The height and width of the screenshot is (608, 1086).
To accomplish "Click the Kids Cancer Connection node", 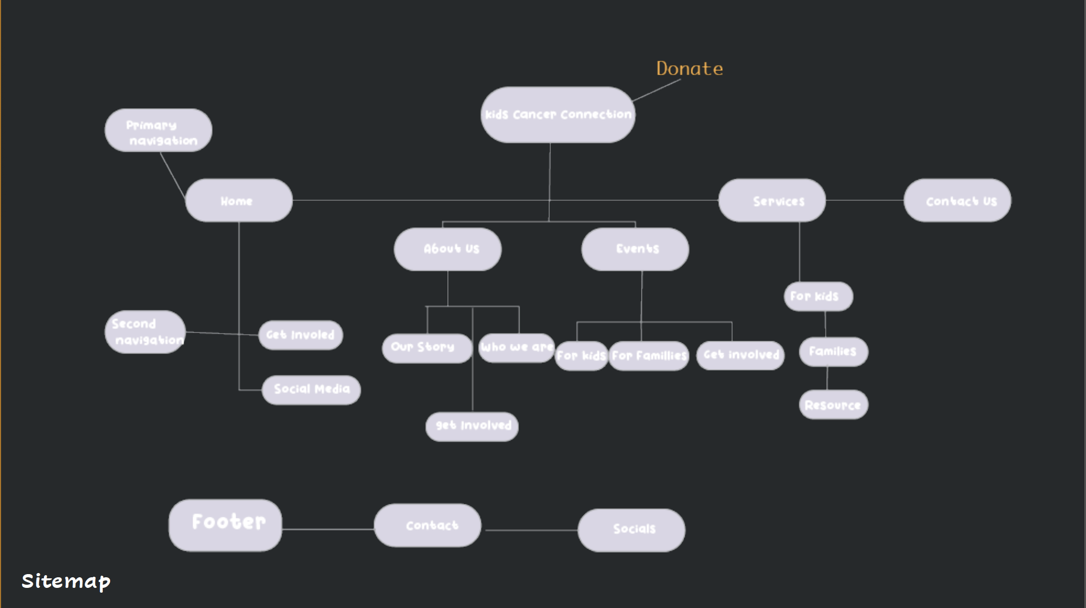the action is (x=557, y=114).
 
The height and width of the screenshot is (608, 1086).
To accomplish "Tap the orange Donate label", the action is (x=689, y=68).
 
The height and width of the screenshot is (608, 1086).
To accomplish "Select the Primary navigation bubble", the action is (x=158, y=131).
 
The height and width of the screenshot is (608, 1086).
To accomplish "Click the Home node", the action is (x=239, y=200).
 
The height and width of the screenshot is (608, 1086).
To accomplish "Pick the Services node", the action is (x=772, y=200).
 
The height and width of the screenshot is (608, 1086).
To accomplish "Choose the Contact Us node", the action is (x=957, y=200).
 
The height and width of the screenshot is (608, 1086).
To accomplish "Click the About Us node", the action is (x=448, y=249).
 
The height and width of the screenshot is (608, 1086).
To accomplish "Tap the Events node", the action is (x=635, y=249).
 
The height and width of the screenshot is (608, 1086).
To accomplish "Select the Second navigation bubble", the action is (x=145, y=332).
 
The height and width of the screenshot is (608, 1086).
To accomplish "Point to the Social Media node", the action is (x=311, y=390).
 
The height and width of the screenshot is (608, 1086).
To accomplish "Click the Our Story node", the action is (x=427, y=348).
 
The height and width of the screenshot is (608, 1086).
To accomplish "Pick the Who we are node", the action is (x=517, y=347).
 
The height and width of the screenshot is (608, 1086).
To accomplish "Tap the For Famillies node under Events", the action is (x=649, y=356).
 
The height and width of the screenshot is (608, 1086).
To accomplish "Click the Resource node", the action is (x=833, y=405).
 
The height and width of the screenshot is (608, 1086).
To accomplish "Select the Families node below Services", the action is (x=833, y=352).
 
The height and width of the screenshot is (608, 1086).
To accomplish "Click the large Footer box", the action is (x=225, y=525).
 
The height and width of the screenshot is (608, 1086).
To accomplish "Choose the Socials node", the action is (x=631, y=530).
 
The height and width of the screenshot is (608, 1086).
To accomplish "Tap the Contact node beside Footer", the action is (x=428, y=525).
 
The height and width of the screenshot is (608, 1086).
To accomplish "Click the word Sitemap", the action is (x=66, y=581).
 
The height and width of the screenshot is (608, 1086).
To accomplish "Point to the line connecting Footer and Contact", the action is (x=328, y=529).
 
